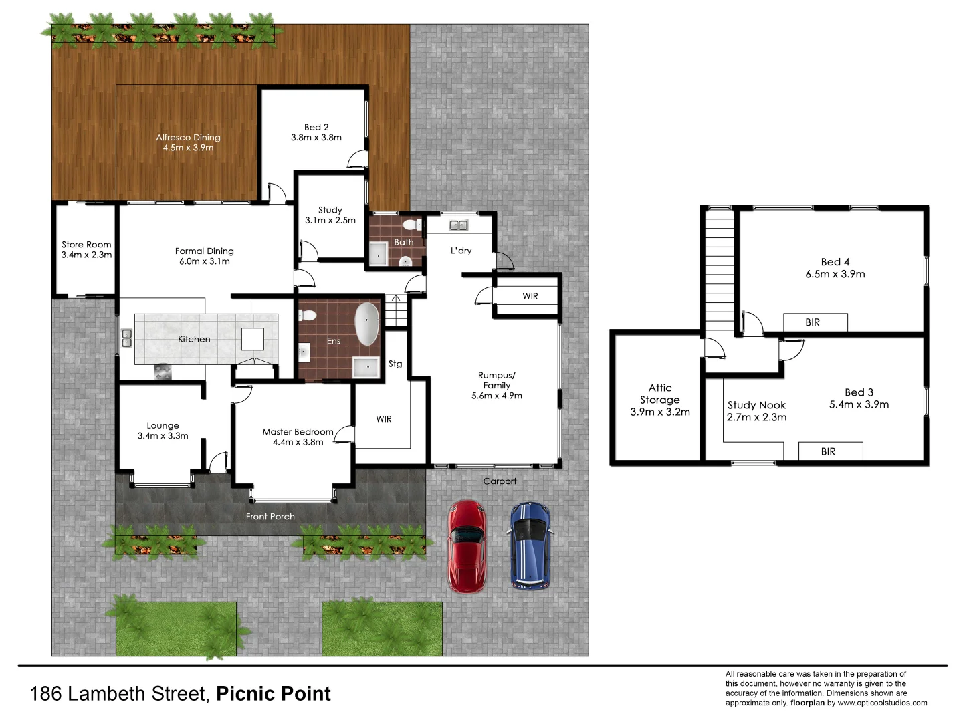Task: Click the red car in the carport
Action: click(x=467, y=546)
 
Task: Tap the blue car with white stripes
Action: click(x=530, y=546)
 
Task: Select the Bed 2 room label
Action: click(x=316, y=132)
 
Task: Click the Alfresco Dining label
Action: click(x=188, y=142)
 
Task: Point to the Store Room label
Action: click(x=86, y=249)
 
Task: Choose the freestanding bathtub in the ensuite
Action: click(x=366, y=324)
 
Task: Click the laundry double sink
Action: click(x=459, y=225)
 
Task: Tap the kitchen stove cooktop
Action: click(x=163, y=372)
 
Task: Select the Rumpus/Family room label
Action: click(x=497, y=386)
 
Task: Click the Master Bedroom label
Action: click(x=298, y=437)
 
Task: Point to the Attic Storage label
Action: click(x=660, y=400)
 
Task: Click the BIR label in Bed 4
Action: click(x=813, y=322)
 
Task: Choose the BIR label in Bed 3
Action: click(x=829, y=451)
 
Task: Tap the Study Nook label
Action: click(x=756, y=411)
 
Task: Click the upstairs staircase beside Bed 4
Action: click(x=720, y=267)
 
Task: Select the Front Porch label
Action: click(x=270, y=516)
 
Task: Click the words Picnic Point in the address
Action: click(x=274, y=694)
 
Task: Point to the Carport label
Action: click(x=500, y=481)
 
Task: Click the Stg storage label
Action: click(x=395, y=364)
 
